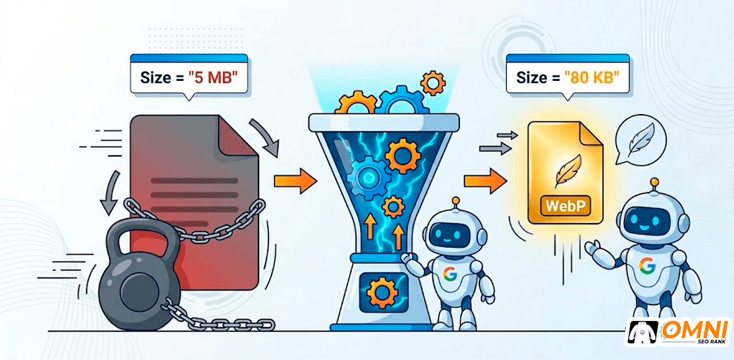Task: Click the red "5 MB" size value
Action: (x=213, y=78)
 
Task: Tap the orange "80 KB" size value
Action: (x=591, y=77)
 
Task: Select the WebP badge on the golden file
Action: (x=565, y=206)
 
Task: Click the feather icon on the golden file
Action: (x=568, y=171)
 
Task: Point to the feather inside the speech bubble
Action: (x=641, y=139)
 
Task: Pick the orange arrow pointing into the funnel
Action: (x=295, y=181)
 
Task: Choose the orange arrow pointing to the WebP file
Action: (x=485, y=181)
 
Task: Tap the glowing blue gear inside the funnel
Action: (x=369, y=178)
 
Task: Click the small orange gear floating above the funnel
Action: (x=433, y=83)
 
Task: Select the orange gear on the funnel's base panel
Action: (x=382, y=292)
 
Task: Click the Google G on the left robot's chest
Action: (x=450, y=274)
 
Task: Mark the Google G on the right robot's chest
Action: (x=647, y=265)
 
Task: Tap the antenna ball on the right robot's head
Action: (x=654, y=182)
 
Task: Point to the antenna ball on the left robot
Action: (x=455, y=201)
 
